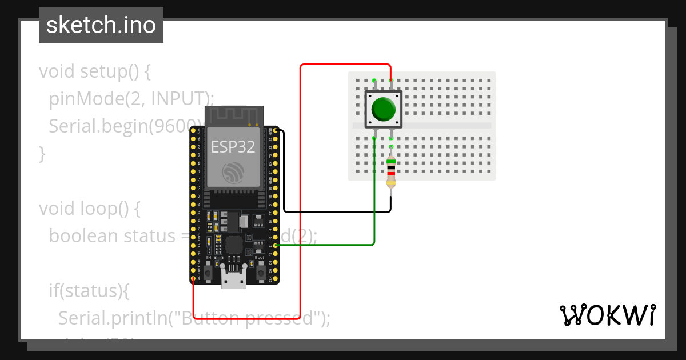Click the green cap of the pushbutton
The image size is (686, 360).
(x=383, y=109)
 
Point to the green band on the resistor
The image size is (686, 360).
(x=391, y=161)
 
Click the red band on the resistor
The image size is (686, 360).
(x=391, y=173)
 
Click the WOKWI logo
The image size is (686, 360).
(x=607, y=315)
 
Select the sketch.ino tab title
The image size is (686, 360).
(x=101, y=25)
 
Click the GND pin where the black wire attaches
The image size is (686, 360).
(x=276, y=131)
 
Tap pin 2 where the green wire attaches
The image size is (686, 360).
(x=276, y=246)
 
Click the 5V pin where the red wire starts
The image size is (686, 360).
(x=194, y=278)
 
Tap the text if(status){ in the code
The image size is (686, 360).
(x=89, y=290)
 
